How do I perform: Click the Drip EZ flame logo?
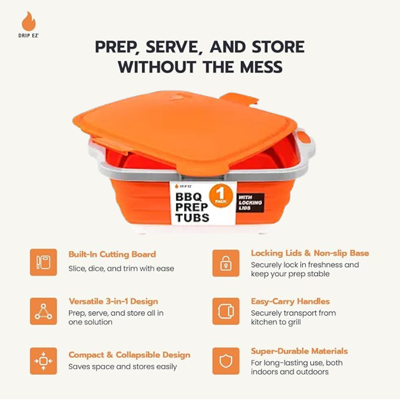pyautogui.click(x=28, y=21)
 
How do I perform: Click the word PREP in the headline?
pyautogui.click(x=117, y=47)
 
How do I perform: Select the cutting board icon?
pyautogui.click(x=43, y=262)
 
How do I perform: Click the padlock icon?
pyautogui.click(x=226, y=263)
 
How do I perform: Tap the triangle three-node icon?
pyautogui.click(x=43, y=311)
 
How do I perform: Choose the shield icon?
pyautogui.click(x=226, y=361)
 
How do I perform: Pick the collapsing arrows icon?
pyautogui.click(x=43, y=361)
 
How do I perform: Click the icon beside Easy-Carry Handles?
pyautogui.click(x=226, y=311)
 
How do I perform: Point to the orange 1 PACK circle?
pyautogui.click(x=221, y=196)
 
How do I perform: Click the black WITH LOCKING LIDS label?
pyautogui.click(x=250, y=203)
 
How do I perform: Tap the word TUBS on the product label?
pyautogui.click(x=192, y=218)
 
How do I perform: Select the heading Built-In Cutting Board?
pyautogui.click(x=112, y=254)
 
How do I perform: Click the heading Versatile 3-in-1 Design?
pyautogui.click(x=113, y=301)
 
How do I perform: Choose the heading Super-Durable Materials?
pyautogui.click(x=299, y=351)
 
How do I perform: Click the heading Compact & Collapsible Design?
pyautogui.click(x=129, y=355)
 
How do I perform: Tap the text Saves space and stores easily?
pyautogui.click(x=122, y=367)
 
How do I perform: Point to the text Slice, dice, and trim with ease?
pyautogui.click(x=121, y=268)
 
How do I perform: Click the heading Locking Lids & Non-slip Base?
pyautogui.click(x=310, y=253)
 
